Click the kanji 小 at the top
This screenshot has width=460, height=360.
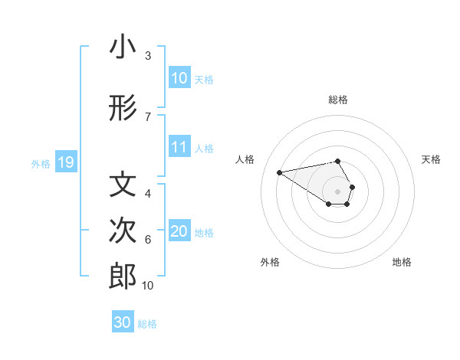click(x=123, y=47)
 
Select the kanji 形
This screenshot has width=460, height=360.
click(x=123, y=110)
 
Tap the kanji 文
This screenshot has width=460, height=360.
click(x=123, y=185)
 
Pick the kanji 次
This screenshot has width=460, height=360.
click(x=123, y=231)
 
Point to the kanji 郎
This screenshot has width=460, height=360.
click(x=123, y=277)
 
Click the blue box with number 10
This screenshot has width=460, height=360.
click(x=179, y=78)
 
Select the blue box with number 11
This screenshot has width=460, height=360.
click(x=179, y=148)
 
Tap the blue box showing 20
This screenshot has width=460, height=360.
click(x=179, y=232)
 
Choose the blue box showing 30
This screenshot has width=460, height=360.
click(x=123, y=322)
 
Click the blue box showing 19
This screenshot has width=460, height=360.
click(x=65, y=162)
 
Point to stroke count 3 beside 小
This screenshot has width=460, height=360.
click(x=148, y=56)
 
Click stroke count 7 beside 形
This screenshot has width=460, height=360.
click(x=148, y=116)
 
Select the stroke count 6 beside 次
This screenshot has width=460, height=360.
click(x=148, y=240)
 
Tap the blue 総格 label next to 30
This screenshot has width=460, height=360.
click(x=147, y=324)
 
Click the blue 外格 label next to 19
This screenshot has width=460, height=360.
click(x=40, y=163)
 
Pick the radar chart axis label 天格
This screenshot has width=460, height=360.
click(x=431, y=159)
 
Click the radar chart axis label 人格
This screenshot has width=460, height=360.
click(x=245, y=159)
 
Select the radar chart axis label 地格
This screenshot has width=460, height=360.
click(x=402, y=262)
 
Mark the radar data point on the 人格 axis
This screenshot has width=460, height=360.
click(x=280, y=172)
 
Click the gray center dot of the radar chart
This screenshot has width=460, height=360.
click(x=337, y=191)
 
